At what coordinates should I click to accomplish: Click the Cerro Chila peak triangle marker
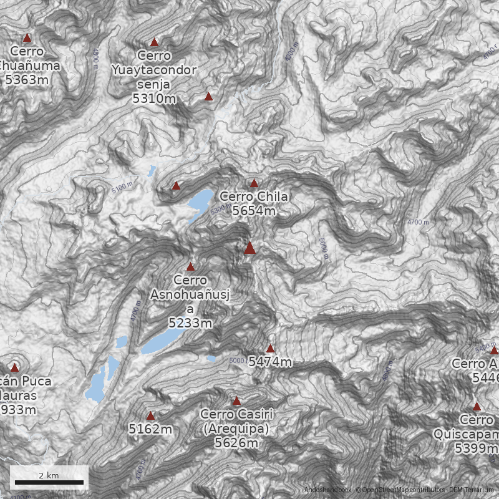254,183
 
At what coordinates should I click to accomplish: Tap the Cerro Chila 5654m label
254,204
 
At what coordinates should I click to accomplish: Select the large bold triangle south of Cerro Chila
250,248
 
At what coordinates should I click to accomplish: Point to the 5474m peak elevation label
270,362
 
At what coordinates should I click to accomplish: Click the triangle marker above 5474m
270,349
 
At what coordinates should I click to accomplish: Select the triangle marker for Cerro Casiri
236,401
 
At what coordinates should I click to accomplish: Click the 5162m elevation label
150,429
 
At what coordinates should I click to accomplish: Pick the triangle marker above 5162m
150,415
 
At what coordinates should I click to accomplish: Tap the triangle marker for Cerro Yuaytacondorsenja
155,42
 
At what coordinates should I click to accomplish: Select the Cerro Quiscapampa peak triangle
477,406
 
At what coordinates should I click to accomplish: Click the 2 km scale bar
49,482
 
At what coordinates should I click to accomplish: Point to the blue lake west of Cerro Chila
201,201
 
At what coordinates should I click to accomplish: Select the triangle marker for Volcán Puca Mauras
14,367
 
